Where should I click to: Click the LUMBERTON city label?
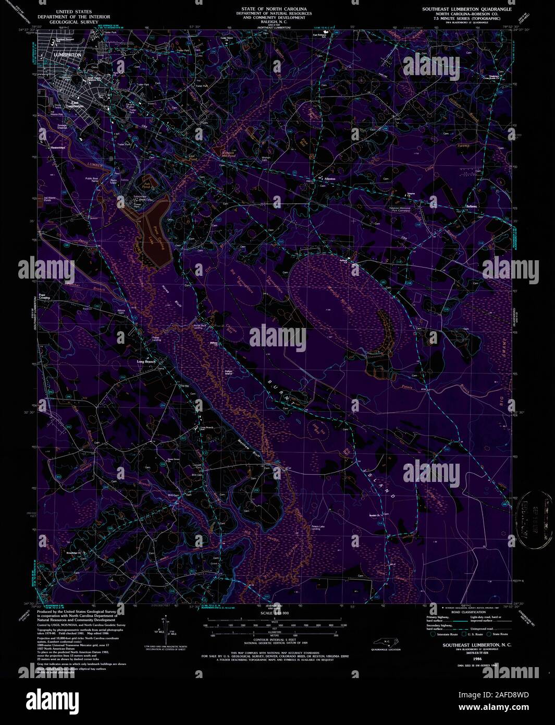(67, 54)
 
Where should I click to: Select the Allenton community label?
(330, 179)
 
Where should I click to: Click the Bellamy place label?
(471, 207)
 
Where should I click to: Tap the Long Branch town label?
(146, 361)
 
